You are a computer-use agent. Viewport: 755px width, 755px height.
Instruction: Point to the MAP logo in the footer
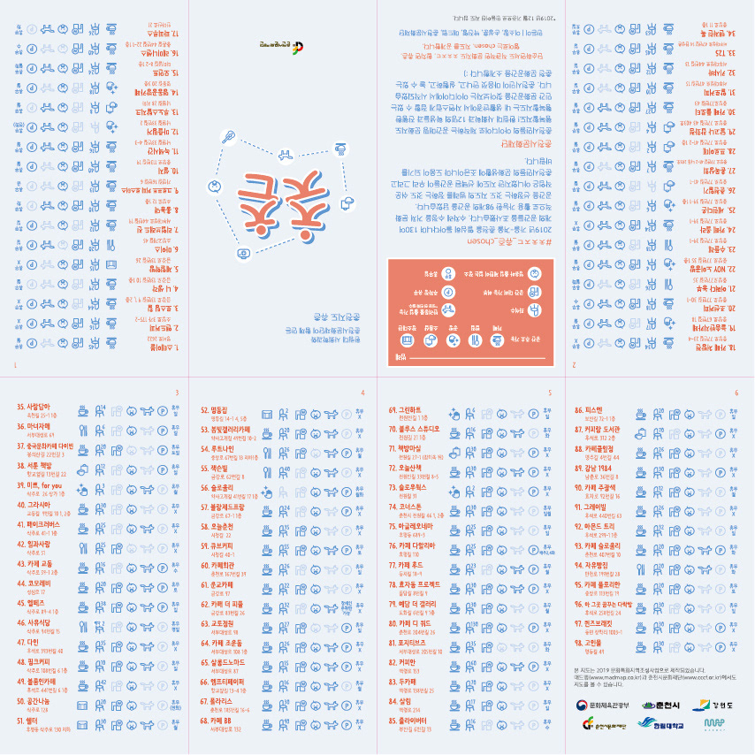coord(714,725)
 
